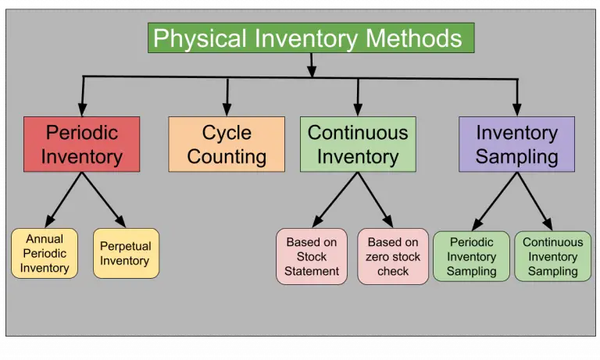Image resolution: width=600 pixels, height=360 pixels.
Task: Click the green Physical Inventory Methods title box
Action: pos(310,38)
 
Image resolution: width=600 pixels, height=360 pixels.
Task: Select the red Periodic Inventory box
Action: pos(81,144)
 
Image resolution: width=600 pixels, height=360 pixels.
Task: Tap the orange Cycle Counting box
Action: pos(227,144)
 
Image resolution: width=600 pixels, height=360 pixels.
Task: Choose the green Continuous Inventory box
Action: pos(358,144)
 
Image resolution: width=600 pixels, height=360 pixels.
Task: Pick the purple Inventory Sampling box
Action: pos(516,144)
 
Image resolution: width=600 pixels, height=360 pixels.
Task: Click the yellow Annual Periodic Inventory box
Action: pos(45,254)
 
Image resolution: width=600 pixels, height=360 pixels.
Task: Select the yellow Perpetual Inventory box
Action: pos(126,254)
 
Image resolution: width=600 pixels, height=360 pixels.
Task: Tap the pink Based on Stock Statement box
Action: pos(311,256)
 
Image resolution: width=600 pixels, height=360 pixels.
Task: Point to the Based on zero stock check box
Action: pos(393,256)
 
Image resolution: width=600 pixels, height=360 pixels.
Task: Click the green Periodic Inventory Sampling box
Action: pos(471,256)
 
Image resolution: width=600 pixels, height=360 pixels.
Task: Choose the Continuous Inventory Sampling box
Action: pos(552,256)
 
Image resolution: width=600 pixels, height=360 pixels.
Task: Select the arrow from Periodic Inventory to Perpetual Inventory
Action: pos(104,200)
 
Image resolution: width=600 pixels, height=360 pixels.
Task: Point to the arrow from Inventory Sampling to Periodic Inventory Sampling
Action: pos(493,201)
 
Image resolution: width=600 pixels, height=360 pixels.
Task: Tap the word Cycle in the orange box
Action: pos(227,133)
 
